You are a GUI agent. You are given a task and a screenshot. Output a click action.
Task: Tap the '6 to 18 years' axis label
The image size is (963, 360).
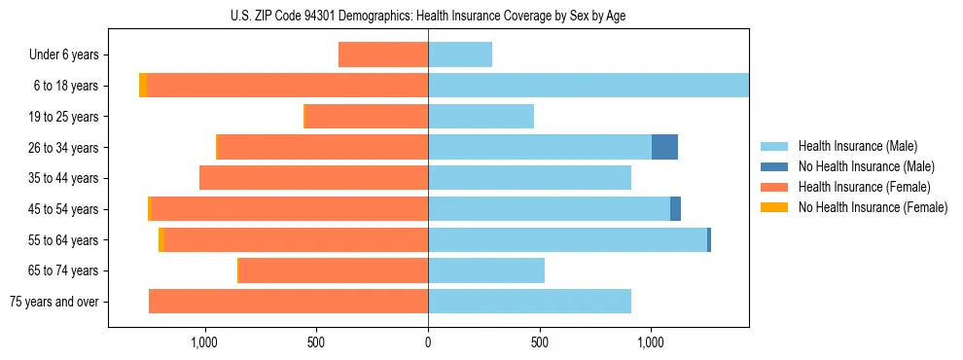[65, 86]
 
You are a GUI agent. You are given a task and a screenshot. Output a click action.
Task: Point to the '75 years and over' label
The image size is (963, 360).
[54, 302]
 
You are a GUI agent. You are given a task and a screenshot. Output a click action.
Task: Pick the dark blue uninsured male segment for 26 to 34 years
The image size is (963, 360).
[664, 147]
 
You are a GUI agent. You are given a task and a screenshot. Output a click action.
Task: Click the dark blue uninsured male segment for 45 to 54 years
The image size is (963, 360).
[675, 209]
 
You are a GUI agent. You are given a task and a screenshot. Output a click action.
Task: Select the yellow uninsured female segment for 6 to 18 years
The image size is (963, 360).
[143, 86]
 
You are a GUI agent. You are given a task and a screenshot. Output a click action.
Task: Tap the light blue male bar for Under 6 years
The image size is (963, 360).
[460, 55]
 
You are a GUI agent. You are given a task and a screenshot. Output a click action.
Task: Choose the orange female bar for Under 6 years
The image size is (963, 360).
[383, 55]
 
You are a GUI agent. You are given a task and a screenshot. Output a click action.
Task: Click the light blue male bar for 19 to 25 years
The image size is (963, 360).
[481, 117]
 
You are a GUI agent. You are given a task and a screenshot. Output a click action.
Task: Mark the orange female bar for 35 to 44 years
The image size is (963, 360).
[313, 178]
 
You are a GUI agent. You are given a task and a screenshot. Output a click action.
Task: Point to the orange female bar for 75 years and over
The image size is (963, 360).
[288, 302]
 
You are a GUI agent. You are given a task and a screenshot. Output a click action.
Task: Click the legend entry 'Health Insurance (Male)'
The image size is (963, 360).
[857, 146]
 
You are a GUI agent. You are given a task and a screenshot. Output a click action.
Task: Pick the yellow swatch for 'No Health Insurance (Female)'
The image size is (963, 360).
[774, 207]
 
